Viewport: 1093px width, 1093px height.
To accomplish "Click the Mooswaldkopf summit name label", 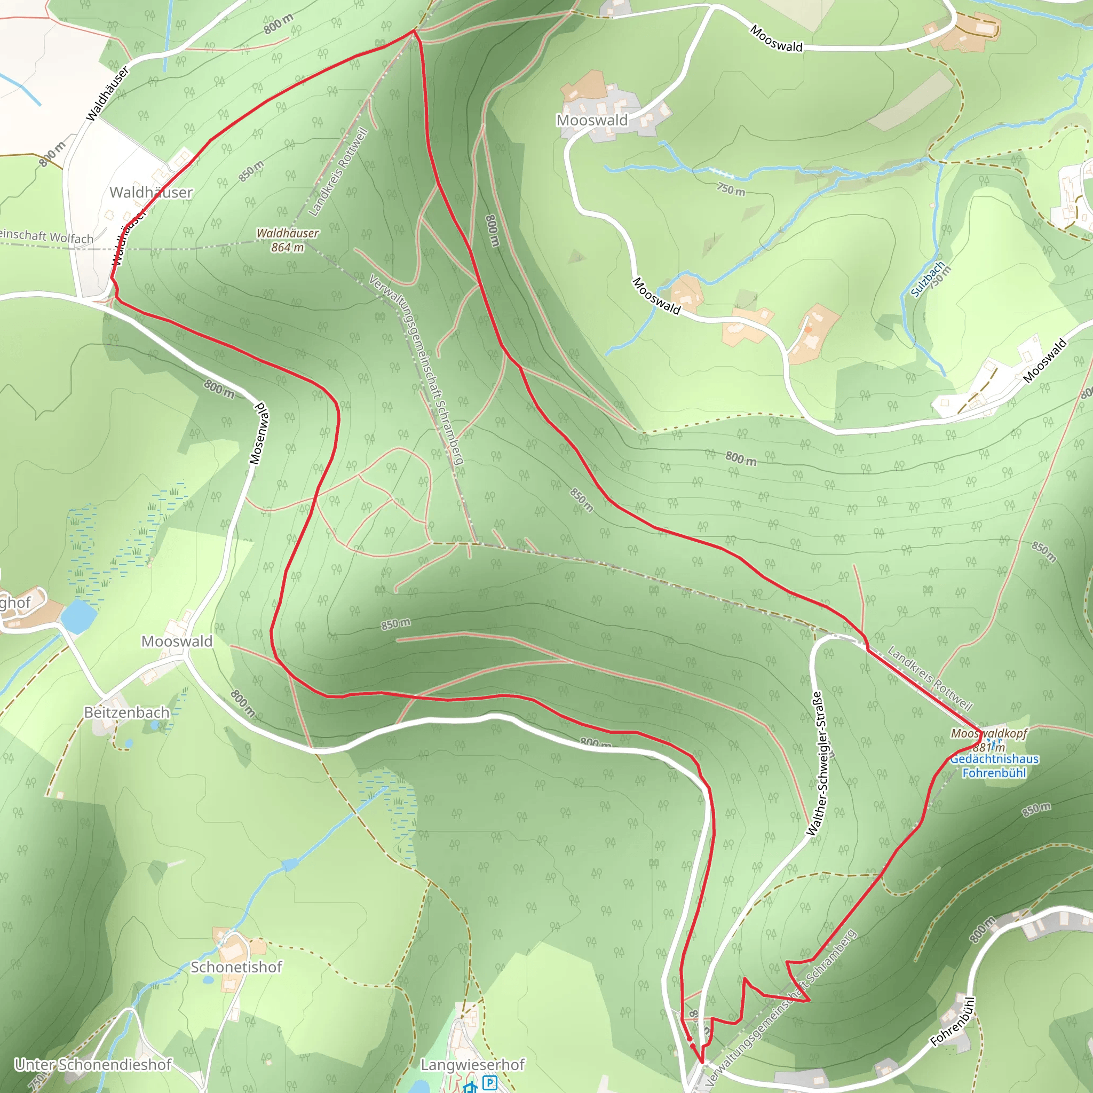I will [x=989, y=734].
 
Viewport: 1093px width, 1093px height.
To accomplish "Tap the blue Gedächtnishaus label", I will [x=994, y=759].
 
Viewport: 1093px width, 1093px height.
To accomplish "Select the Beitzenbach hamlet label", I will [x=126, y=712].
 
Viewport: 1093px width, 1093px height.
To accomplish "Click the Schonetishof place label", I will [x=236, y=967].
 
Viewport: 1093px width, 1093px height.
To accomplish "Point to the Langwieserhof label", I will [x=473, y=1065].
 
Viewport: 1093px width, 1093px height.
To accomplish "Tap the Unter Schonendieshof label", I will [x=93, y=1065].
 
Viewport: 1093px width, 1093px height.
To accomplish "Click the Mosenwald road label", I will [x=258, y=433].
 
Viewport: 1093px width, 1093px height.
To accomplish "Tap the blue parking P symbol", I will [x=490, y=1083].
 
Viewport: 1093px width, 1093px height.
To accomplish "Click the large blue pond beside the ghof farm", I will [x=78, y=616].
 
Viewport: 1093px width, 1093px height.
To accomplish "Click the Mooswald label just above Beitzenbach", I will [x=177, y=641].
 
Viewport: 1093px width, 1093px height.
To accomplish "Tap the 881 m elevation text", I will [x=989, y=747].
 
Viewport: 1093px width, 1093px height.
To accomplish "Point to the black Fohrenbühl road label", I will [x=953, y=1021].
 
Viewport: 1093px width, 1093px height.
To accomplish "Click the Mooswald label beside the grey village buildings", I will [x=592, y=120].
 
